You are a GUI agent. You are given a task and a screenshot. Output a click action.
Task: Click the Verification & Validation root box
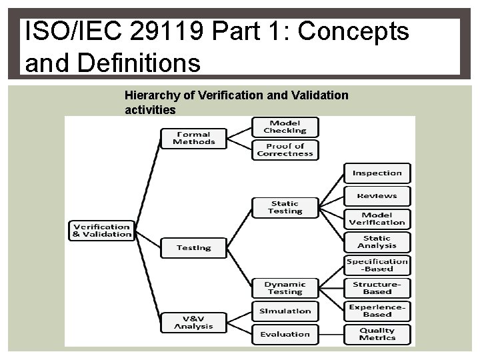pyautogui.click(x=102, y=230)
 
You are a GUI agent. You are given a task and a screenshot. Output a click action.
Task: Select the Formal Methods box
pyautogui.click(x=194, y=138)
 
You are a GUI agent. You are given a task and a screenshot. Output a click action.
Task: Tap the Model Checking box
pyautogui.click(x=285, y=127)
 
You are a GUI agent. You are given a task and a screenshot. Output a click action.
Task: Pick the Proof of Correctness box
pyautogui.click(x=285, y=150)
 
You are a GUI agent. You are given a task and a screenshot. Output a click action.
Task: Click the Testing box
pyautogui.click(x=194, y=248)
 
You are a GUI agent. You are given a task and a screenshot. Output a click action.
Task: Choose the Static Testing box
pyautogui.click(x=285, y=207)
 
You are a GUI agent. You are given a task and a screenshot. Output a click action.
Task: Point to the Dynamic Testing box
pyautogui.click(x=285, y=288)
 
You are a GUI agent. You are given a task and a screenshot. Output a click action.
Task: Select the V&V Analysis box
pyautogui.click(x=194, y=322)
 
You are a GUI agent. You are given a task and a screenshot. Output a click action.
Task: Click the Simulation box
pyautogui.click(x=285, y=311)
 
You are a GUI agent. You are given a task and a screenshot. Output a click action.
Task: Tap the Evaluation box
pyautogui.click(x=285, y=334)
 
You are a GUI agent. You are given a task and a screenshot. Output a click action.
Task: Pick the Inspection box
pyautogui.click(x=377, y=173)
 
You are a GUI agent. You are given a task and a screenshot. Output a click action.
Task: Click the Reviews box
pyautogui.click(x=377, y=196)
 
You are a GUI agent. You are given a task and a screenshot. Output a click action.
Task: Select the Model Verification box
pyautogui.click(x=377, y=219)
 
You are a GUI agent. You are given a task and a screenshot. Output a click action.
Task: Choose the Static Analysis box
pyautogui.click(x=377, y=242)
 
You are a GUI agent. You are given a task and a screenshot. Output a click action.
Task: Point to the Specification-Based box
pyautogui.click(x=377, y=265)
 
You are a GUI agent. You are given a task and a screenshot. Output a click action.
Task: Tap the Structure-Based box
pyautogui.click(x=377, y=288)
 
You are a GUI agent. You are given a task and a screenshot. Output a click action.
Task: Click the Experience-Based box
pyautogui.click(x=377, y=311)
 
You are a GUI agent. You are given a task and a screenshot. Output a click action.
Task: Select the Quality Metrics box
pyautogui.click(x=377, y=334)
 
